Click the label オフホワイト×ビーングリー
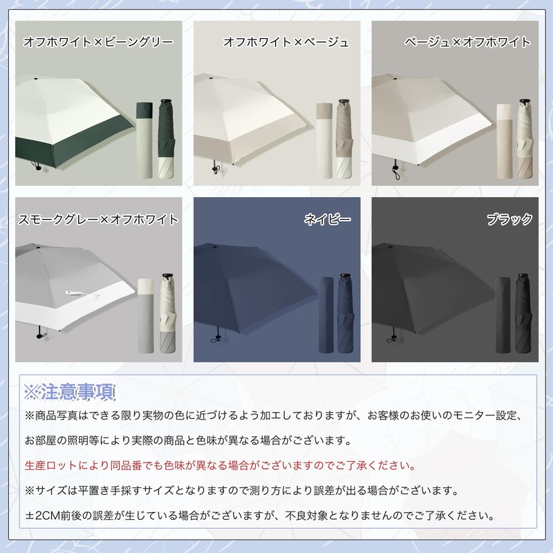[98, 42]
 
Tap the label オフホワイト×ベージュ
[286, 42]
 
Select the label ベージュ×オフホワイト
[467, 42]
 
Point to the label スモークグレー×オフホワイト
[98, 219]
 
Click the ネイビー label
[327, 219]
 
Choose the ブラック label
[509, 219]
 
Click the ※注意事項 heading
[70, 392]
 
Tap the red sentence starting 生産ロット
[221, 465]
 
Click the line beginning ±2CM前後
[260, 516]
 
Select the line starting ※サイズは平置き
[241, 490]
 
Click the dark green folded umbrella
[167, 139]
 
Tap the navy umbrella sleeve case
[326, 315]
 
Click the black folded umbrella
[523, 313]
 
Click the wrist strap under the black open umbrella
[391, 340]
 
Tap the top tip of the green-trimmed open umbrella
[36, 77]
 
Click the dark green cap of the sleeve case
[144, 110]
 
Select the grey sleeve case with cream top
[146, 316]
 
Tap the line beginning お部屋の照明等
[189, 440]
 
